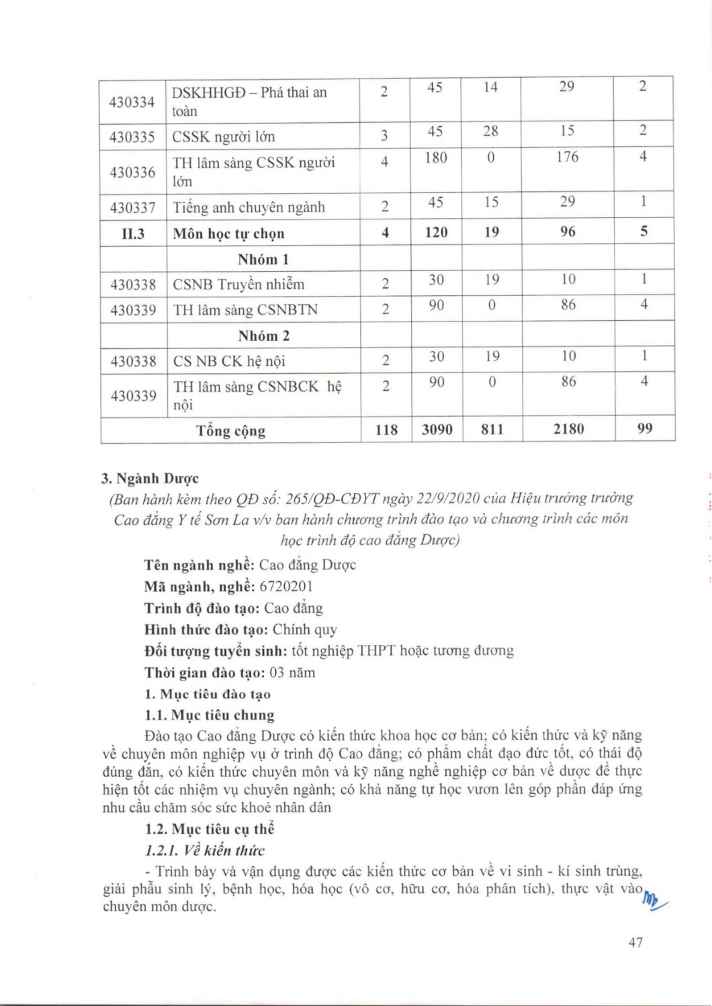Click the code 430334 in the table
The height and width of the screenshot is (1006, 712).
click(x=132, y=102)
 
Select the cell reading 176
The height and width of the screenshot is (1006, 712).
click(x=567, y=157)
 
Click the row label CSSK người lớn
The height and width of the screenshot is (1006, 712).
click(x=224, y=137)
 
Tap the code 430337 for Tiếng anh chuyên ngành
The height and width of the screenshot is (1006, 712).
click(x=132, y=208)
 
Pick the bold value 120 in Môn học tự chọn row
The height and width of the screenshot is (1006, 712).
click(x=436, y=232)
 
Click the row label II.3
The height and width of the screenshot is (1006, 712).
click(x=132, y=234)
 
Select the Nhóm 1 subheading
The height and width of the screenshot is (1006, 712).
click(x=263, y=259)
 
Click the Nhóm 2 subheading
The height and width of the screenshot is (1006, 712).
click(x=263, y=336)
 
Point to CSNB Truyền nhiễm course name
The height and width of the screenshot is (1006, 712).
click(x=238, y=285)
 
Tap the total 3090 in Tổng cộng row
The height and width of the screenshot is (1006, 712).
click(x=437, y=430)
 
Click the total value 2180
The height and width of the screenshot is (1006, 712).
click(x=568, y=429)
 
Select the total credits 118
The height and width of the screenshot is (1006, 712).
click(x=386, y=430)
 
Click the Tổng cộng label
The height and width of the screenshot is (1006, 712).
click(x=230, y=431)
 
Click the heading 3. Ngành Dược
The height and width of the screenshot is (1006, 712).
click(x=150, y=479)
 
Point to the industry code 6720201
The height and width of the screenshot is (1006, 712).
click(x=286, y=587)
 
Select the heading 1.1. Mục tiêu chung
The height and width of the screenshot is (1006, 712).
click(x=210, y=715)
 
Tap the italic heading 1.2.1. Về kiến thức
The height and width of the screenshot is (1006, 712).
click(x=205, y=851)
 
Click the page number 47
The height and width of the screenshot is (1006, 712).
click(x=635, y=942)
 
